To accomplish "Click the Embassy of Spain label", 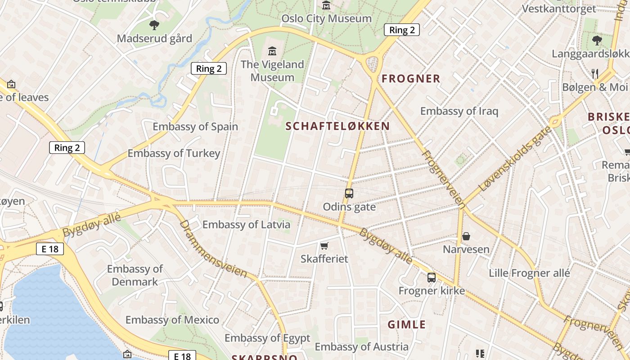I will (x=195, y=126).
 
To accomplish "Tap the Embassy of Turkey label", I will (x=174, y=153).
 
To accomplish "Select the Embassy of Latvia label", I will (x=246, y=225).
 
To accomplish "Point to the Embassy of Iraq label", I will (x=459, y=111).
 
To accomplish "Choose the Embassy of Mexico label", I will (x=172, y=320).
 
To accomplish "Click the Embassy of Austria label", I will (x=361, y=346).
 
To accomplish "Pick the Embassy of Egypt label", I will (x=267, y=338).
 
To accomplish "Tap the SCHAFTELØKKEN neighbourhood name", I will (x=337, y=126).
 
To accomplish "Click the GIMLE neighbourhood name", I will (x=407, y=324).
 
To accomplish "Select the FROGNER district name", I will (x=411, y=79).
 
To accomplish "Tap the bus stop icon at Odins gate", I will (x=349, y=193).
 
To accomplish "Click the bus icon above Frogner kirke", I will (x=432, y=277).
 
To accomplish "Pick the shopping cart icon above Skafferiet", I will (x=324, y=246).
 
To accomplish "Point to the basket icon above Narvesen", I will (x=466, y=236).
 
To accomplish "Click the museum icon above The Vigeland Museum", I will (x=272, y=51).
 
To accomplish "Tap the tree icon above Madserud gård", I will (x=154, y=25).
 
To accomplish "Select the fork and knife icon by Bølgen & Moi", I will (x=595, y=73).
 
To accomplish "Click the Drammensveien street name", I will (x=213, y=249).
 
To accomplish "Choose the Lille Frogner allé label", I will (x=529, y=273).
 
